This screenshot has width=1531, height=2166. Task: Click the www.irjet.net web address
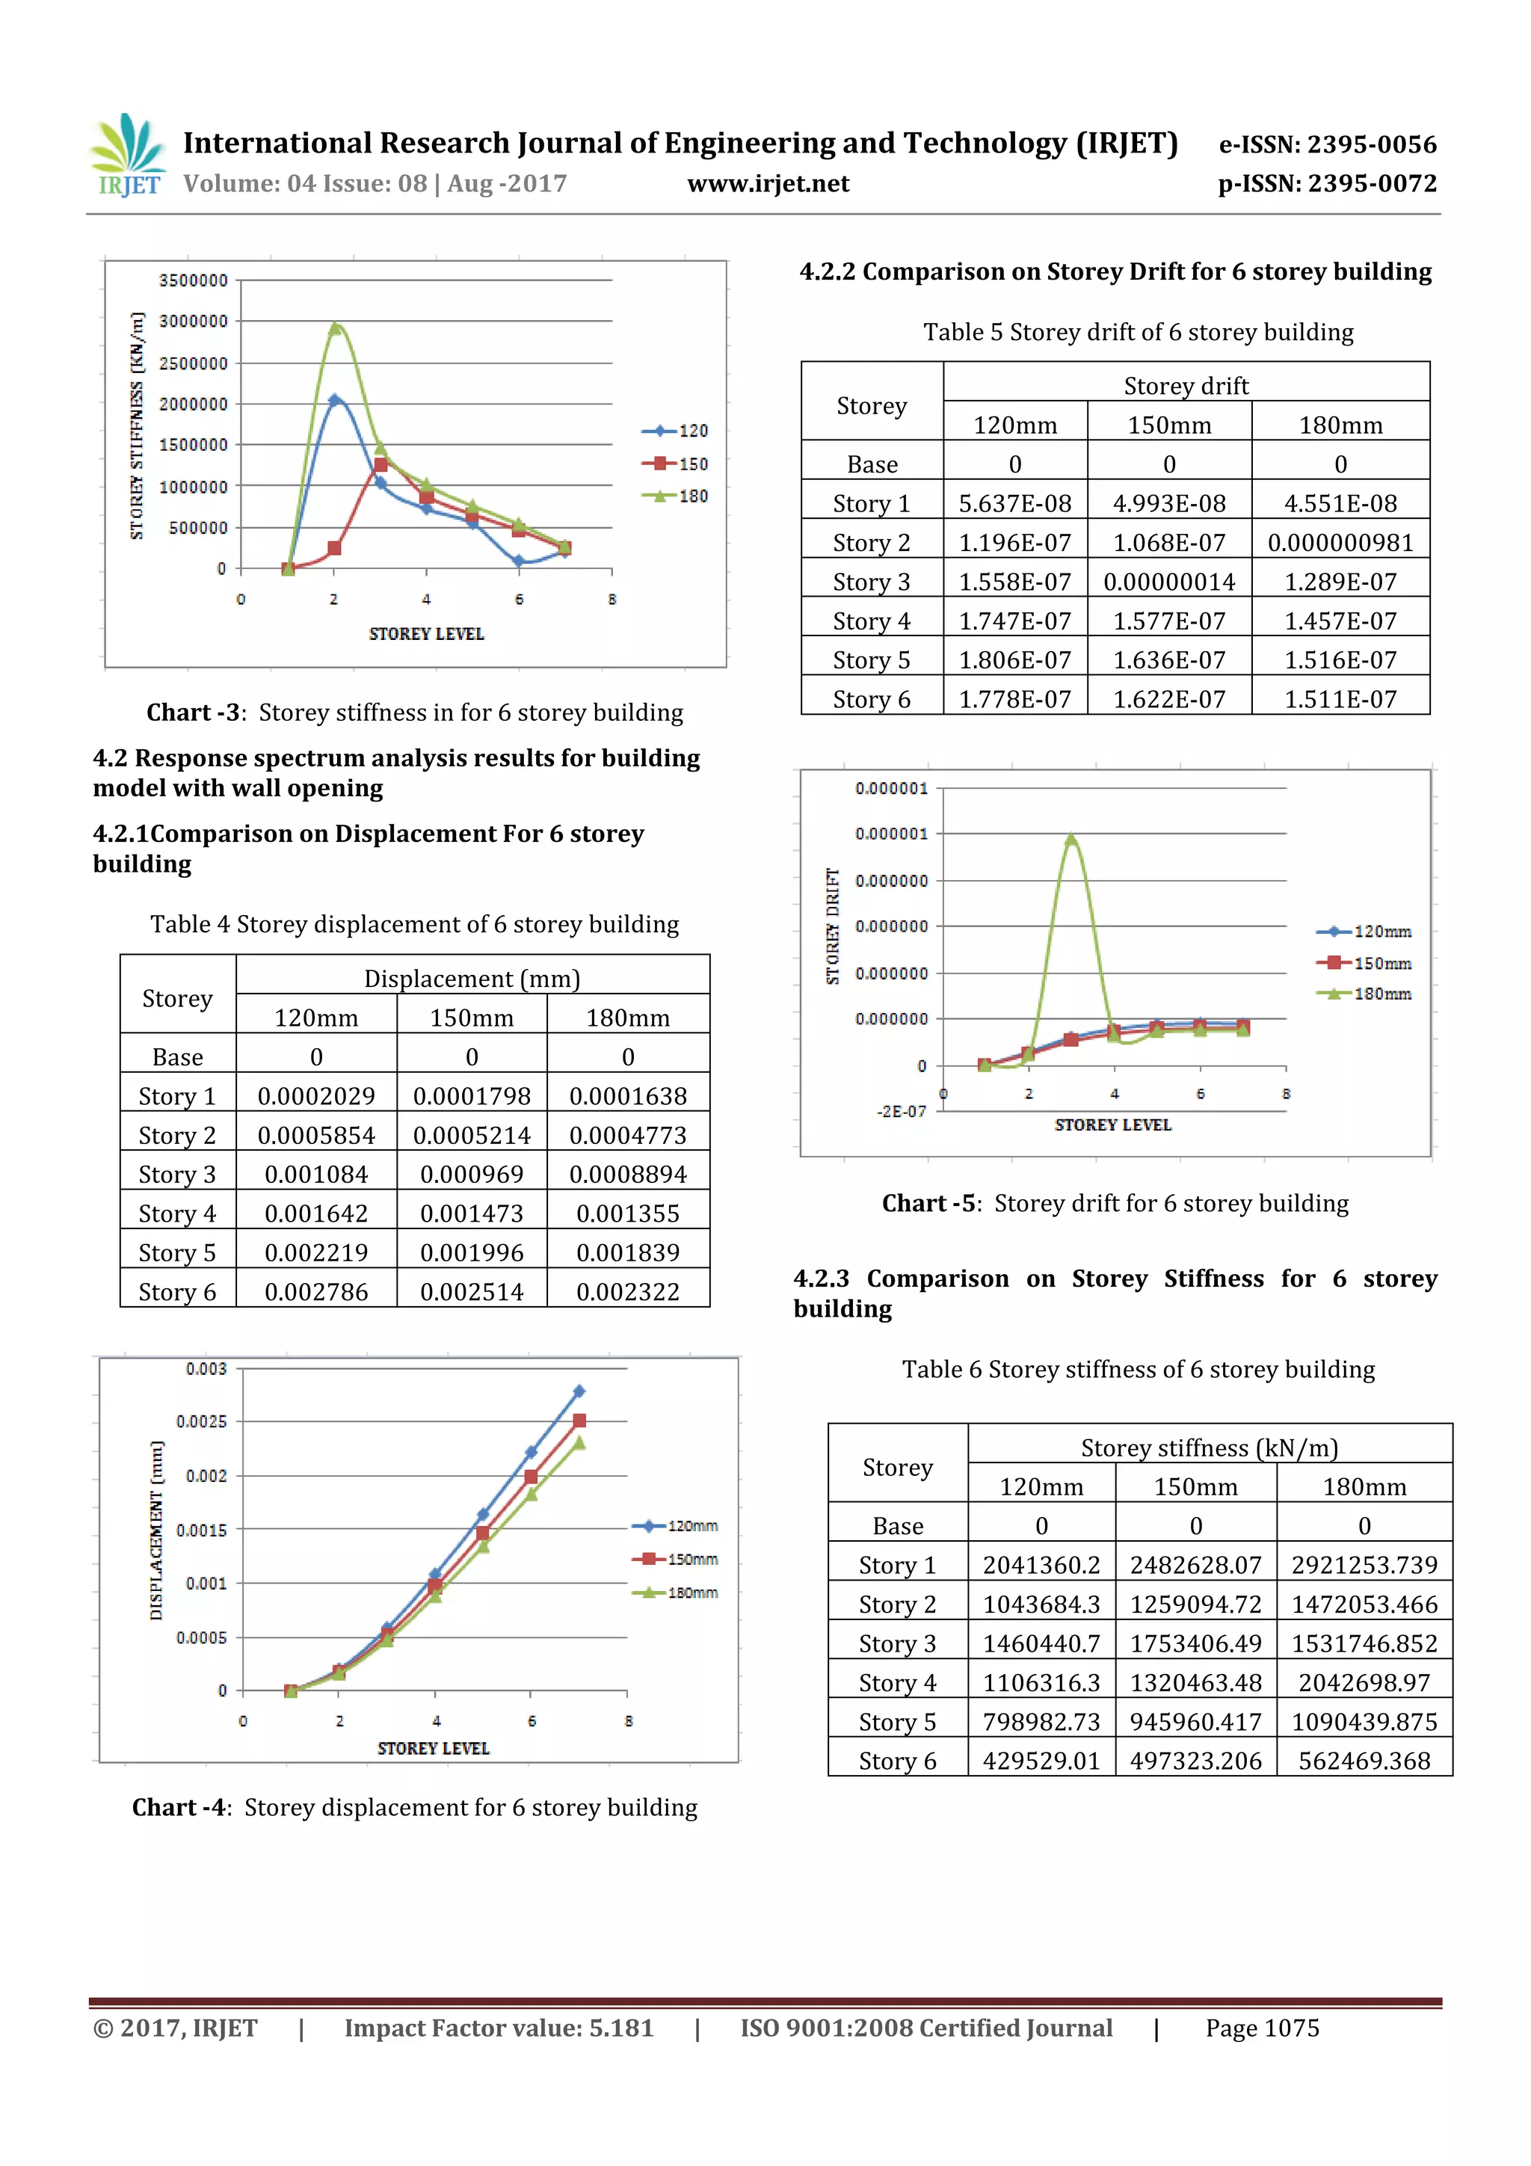768,183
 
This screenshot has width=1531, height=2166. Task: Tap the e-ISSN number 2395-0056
1327,144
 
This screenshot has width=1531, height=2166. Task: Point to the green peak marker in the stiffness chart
335,327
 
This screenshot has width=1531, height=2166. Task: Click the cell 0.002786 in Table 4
316,1291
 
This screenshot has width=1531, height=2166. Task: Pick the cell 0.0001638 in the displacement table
627,1096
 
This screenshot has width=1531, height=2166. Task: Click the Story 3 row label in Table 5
871,582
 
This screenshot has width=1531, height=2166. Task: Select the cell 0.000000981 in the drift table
1340,543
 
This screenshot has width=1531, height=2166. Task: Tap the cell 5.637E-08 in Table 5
1014,504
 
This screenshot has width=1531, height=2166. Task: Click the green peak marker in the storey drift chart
1071,837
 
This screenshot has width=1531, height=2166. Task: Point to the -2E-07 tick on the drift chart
901,1111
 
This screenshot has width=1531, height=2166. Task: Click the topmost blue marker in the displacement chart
579,1391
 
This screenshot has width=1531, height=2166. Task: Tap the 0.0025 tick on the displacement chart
201,1421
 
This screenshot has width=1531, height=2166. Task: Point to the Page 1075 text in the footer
1261,2028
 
